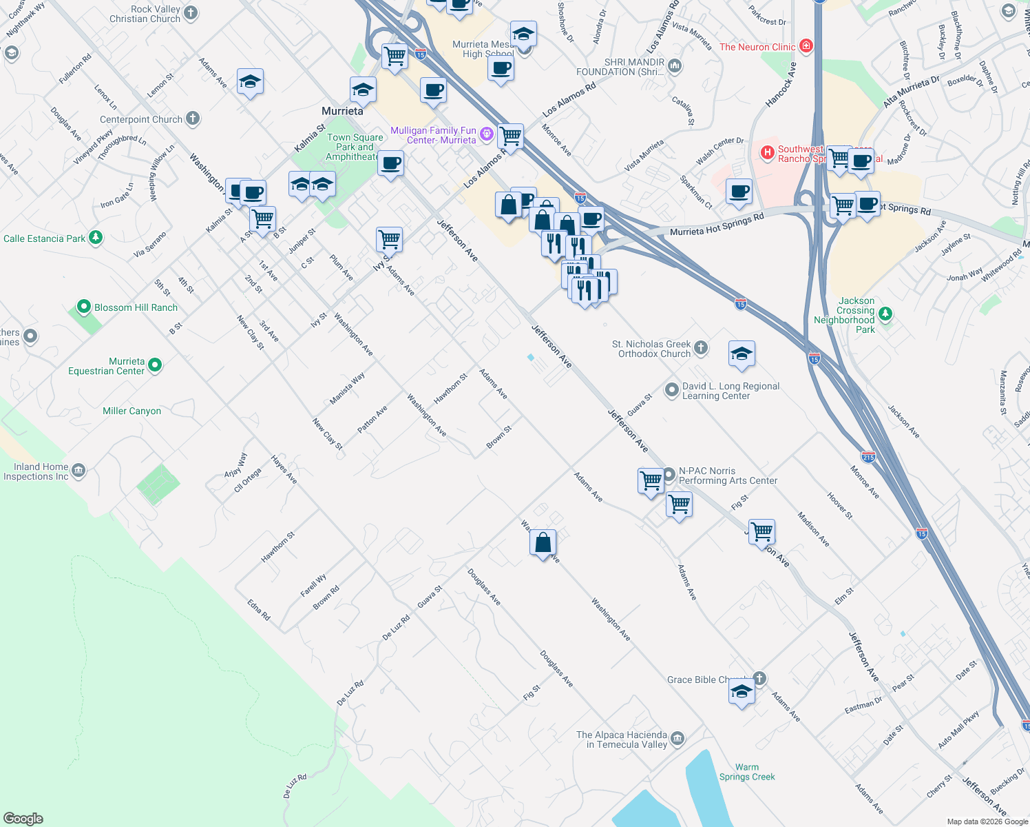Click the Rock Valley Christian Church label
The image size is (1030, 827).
point(145,14)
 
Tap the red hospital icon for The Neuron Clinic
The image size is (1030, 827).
point(806,47)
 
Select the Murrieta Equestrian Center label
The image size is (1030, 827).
point(106,366)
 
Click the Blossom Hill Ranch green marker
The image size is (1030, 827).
point(84,307)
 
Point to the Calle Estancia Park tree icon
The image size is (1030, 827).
point(96,238)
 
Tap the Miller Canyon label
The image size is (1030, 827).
point(132,411)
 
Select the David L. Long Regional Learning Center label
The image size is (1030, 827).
point(731,391)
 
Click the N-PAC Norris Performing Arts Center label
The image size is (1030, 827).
point(728,476)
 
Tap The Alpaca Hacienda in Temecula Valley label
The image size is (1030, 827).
point(622,739)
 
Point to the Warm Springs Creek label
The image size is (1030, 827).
point(747,772)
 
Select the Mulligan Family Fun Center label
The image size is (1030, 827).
point(433,135)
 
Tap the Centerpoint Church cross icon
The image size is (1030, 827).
point(193,119)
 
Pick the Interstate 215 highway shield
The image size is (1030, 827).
point(868,457)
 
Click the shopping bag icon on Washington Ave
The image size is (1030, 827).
point(543,543)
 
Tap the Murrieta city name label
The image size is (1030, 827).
point(342,111)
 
